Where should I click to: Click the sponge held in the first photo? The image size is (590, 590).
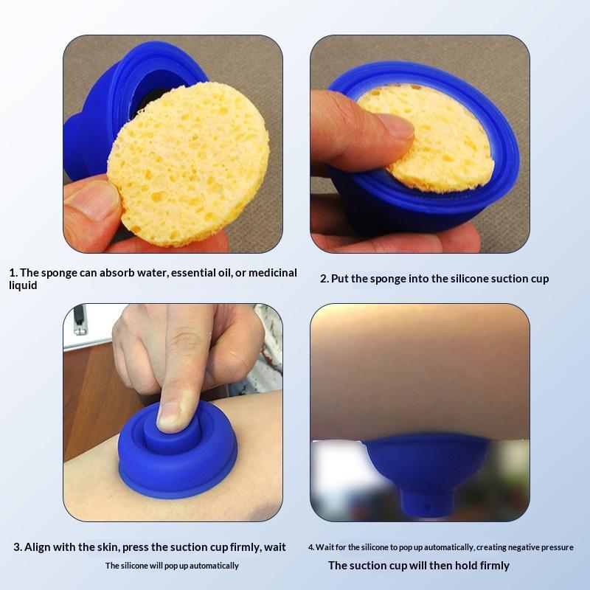(188, 164)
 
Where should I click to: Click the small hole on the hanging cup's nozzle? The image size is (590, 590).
(428, 507)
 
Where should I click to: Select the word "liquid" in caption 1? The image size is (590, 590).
(23, 285)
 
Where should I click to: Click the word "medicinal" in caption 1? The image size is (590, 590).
(272, 272)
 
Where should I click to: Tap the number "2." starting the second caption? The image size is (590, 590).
(324, 279)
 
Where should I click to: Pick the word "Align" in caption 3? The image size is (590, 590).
(38, 546)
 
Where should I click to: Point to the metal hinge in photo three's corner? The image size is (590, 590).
(80, 320)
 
